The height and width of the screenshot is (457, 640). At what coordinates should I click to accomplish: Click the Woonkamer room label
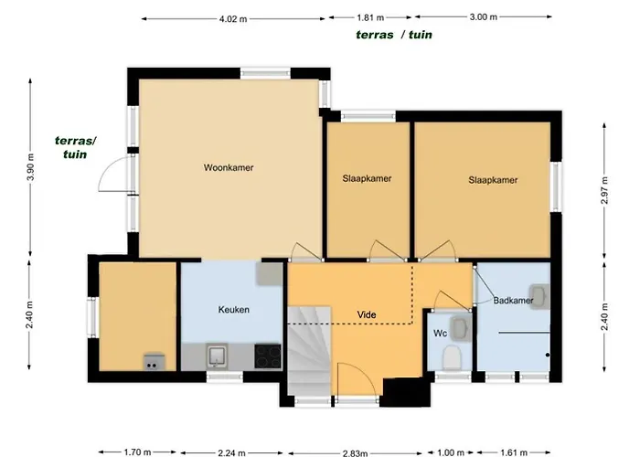point(229,168)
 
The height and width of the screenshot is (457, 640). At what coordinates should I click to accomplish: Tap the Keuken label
point(234,310)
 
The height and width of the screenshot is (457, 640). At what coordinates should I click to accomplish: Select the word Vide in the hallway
point(368,315)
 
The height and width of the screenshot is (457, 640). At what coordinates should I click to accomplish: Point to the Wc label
point(439,334)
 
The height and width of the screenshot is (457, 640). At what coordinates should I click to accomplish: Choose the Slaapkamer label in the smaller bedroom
point(367,179)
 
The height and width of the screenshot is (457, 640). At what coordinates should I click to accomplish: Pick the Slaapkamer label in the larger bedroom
point(493,180)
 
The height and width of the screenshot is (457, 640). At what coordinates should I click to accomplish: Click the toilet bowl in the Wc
point(450,357)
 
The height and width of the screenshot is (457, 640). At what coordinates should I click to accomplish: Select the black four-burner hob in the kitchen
point(268,355)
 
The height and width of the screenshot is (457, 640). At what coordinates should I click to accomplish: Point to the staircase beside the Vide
point(308,352)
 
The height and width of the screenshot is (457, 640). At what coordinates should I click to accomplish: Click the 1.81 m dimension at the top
point(369,17)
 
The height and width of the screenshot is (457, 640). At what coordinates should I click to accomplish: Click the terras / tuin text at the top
point(394,35)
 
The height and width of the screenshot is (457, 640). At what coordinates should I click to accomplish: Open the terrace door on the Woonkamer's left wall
point(117,172)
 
